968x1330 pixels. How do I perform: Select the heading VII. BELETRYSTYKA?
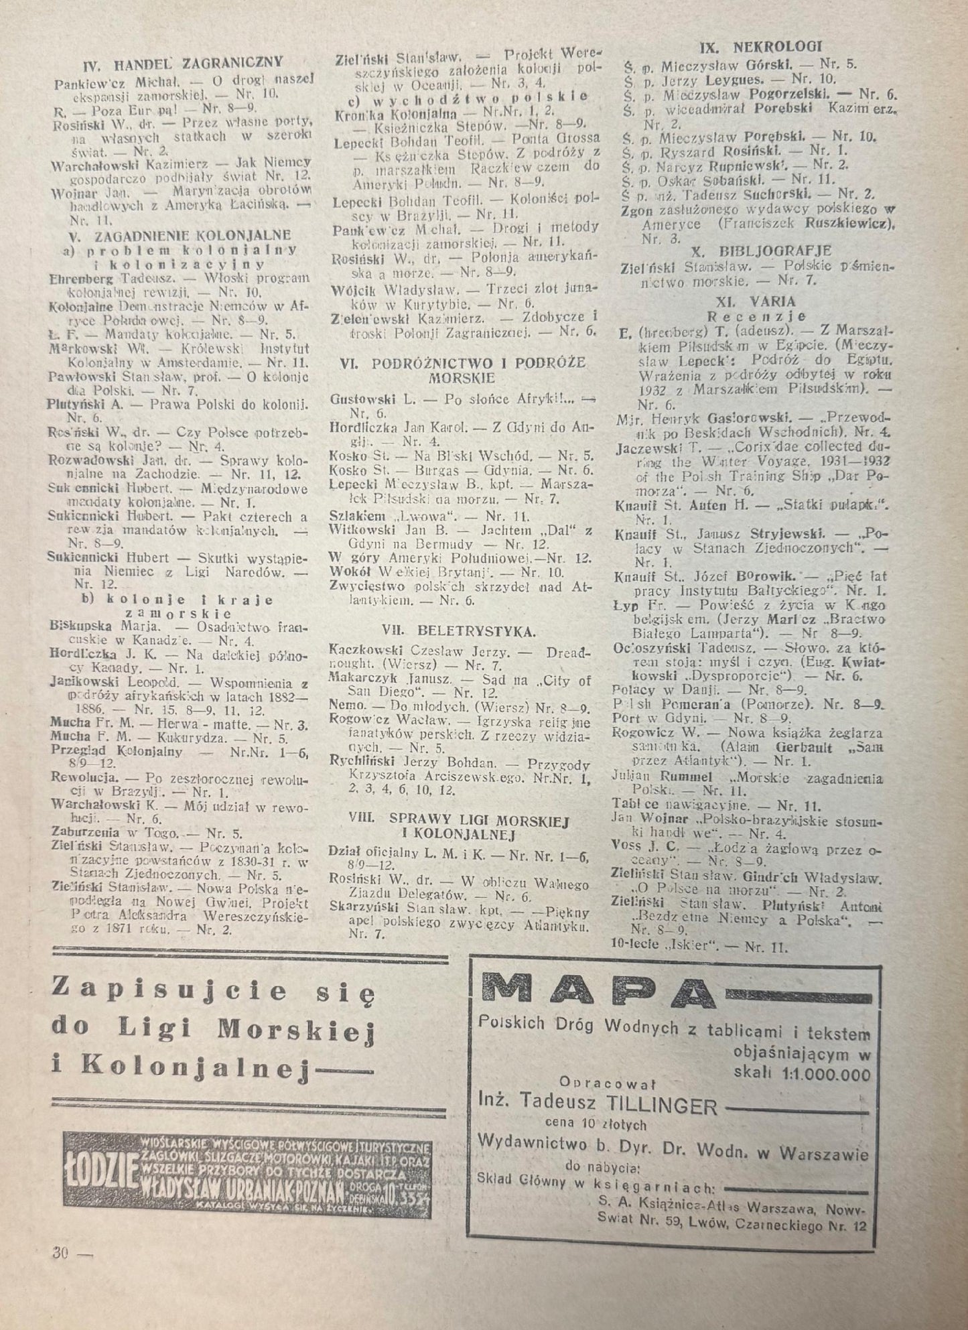pyautogui.click(x=458, y=631)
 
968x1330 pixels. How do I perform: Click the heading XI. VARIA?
pyautogui.click(x=755, y=301)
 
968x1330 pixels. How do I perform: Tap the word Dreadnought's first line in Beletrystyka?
pyautogui.click(x=569, y=651)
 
